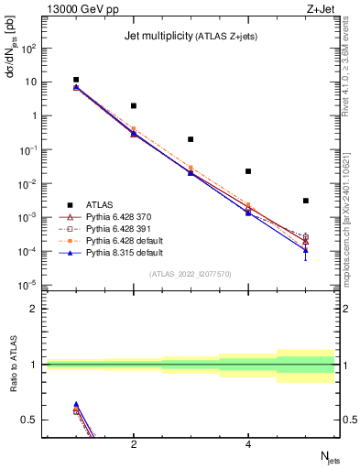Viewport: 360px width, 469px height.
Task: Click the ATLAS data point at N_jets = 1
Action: (x=76, y=80)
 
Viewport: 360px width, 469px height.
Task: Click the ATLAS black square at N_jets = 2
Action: (x=134, y=106)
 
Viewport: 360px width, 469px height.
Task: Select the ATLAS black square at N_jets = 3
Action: (x=191, y=139)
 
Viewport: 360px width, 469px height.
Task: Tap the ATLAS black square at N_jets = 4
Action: (x=248, y=171)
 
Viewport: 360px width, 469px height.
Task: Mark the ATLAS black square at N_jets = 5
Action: (x=306, y=201)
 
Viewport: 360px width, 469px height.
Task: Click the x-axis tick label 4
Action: (x=248, y=445)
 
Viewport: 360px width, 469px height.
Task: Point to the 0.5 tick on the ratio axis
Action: (x=33, y=420)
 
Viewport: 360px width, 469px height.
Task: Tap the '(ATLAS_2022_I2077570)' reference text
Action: (x=191, y=274)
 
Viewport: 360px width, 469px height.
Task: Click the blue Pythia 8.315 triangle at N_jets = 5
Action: (x=306, y=249)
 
